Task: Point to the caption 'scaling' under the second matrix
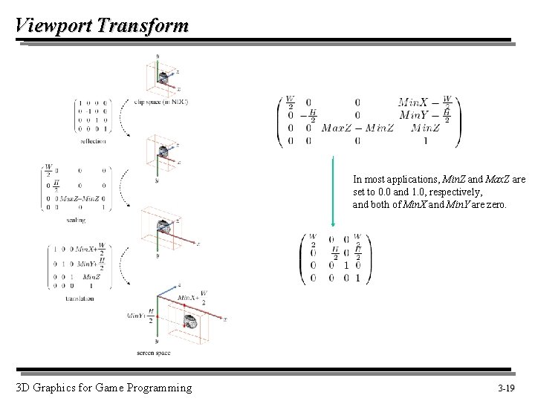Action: click(x=75, y=220)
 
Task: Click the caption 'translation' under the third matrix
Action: click(x=80, y=299)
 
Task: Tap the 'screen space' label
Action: click(x=153, y=353)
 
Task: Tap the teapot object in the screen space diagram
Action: click(x=191, y=322)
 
